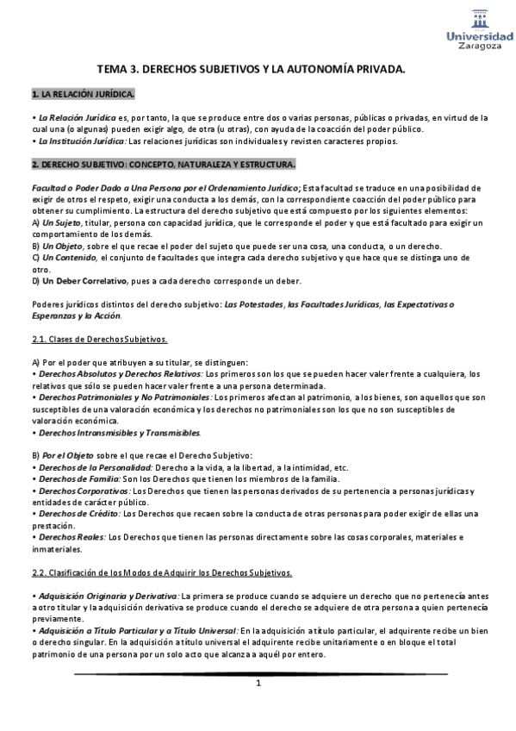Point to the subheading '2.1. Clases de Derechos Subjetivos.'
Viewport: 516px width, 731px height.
tap(99, 340)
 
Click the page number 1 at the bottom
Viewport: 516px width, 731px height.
tap(257, 684)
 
